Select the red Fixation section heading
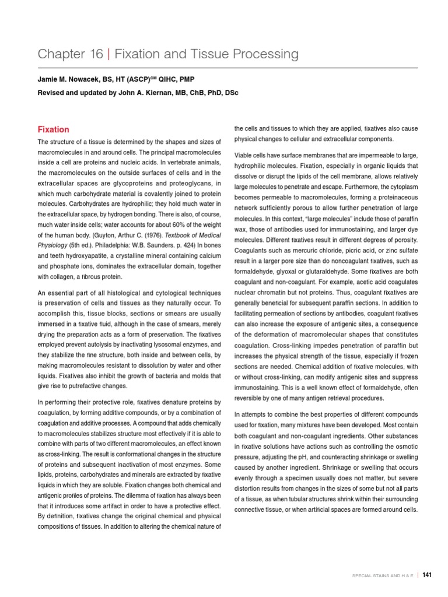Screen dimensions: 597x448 click(53, 129)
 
